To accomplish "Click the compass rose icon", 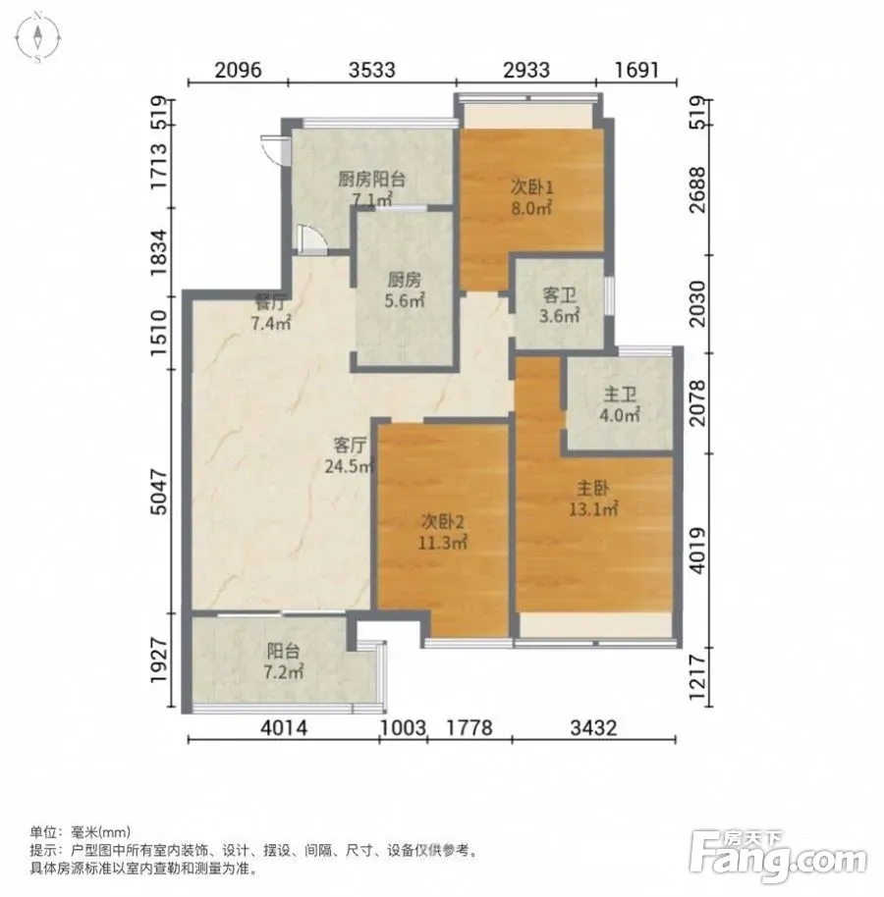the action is [x=37, y=37].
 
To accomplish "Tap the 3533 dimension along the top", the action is [x=372, y=70].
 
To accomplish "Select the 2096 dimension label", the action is [x=238, y=70].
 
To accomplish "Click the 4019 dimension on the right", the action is [x=698, y=550].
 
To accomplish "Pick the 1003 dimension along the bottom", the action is [x=403, y=727].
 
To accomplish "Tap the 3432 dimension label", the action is [x=593, y=727].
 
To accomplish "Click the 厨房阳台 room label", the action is [x=372, y=179].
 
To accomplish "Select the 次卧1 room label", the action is [x=532, y=187].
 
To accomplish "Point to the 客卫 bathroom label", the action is [x=559, y=295].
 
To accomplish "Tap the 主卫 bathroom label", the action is [x=620, y=395].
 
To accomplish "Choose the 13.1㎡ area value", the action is [x=593, y=508].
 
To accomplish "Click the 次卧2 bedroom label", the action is [x=443, y=521].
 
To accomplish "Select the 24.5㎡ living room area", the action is [x=350, y=465].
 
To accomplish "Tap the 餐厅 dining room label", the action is [x=271, y=302].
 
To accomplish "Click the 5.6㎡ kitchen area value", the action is [x=405, y=300].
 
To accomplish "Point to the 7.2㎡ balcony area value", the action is [x=284, y=671].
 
